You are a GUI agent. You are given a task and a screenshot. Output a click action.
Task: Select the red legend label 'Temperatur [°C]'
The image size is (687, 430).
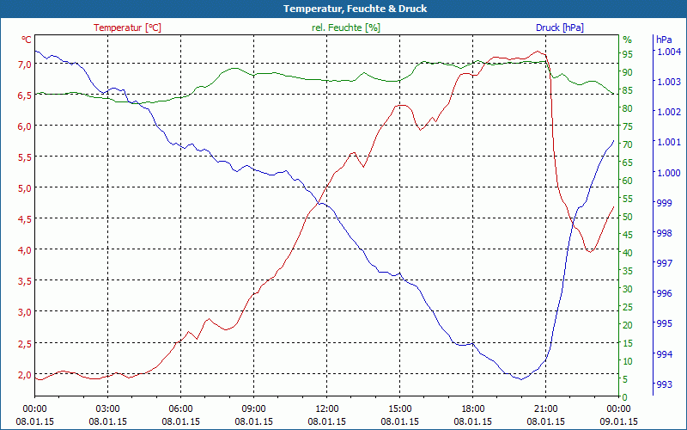127,28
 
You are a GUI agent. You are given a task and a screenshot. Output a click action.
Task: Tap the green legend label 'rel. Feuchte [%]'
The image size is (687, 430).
346,28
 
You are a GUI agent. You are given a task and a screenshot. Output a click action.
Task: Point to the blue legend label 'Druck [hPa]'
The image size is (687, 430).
559,28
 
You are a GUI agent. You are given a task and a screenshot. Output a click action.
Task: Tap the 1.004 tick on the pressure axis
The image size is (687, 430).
668,52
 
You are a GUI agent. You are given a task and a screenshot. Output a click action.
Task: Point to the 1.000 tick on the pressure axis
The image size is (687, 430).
668,172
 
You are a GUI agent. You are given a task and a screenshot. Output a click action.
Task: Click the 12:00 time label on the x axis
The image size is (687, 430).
327,408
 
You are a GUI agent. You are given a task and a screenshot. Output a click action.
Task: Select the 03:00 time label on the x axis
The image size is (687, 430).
107,408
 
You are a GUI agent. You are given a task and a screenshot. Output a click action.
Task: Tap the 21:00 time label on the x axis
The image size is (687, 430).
546,408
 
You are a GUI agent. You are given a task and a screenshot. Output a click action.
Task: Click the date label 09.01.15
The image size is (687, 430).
618,421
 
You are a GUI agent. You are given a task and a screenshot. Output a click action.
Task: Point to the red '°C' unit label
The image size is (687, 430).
27,40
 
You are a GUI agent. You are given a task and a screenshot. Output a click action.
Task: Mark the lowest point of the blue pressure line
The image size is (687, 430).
520,378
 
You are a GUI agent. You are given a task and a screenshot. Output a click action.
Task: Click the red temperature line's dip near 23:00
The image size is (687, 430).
590,251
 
